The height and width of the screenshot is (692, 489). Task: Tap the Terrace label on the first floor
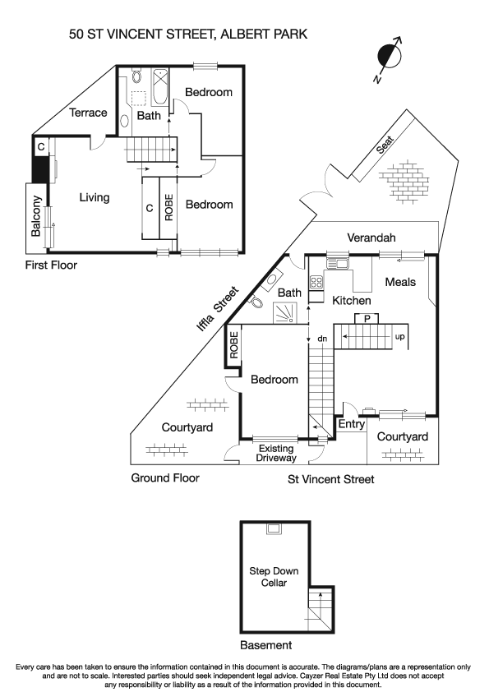[88, 113]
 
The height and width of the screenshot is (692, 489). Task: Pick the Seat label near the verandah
[385, 145]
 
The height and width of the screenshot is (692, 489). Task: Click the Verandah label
[371, 238]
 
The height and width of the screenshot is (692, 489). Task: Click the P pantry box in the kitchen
[367, 318]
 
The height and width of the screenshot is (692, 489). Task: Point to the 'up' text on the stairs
[400, 337]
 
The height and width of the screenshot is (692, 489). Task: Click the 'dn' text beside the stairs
[322, 338]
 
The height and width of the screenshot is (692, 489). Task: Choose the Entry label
[352, 424]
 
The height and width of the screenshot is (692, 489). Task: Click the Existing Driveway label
[276, 453]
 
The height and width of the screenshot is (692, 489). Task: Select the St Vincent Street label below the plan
[330, 479]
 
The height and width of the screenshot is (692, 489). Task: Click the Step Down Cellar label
[274, 577]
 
